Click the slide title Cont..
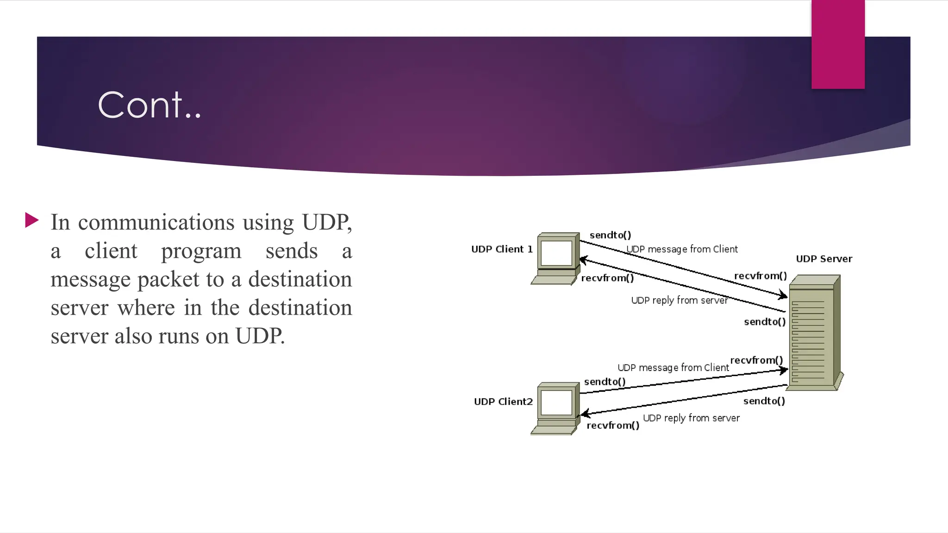point(150,105)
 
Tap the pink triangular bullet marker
point(31,220)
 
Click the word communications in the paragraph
point(156,222)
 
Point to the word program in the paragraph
point(201,251)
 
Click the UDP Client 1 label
point(502,249)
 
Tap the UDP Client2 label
point(503,402)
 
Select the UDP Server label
point(824,259)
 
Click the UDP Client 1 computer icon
point(556,258)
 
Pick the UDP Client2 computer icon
point(556,408)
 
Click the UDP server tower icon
point(814,333)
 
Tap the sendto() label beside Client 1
point(610,235)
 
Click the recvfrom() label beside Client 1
point(607,278)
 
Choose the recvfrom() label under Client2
point(613,425)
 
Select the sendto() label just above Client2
point(605,382)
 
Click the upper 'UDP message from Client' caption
point(682,249)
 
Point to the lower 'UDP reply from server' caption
point(691,418)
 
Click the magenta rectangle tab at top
point(838,44)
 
